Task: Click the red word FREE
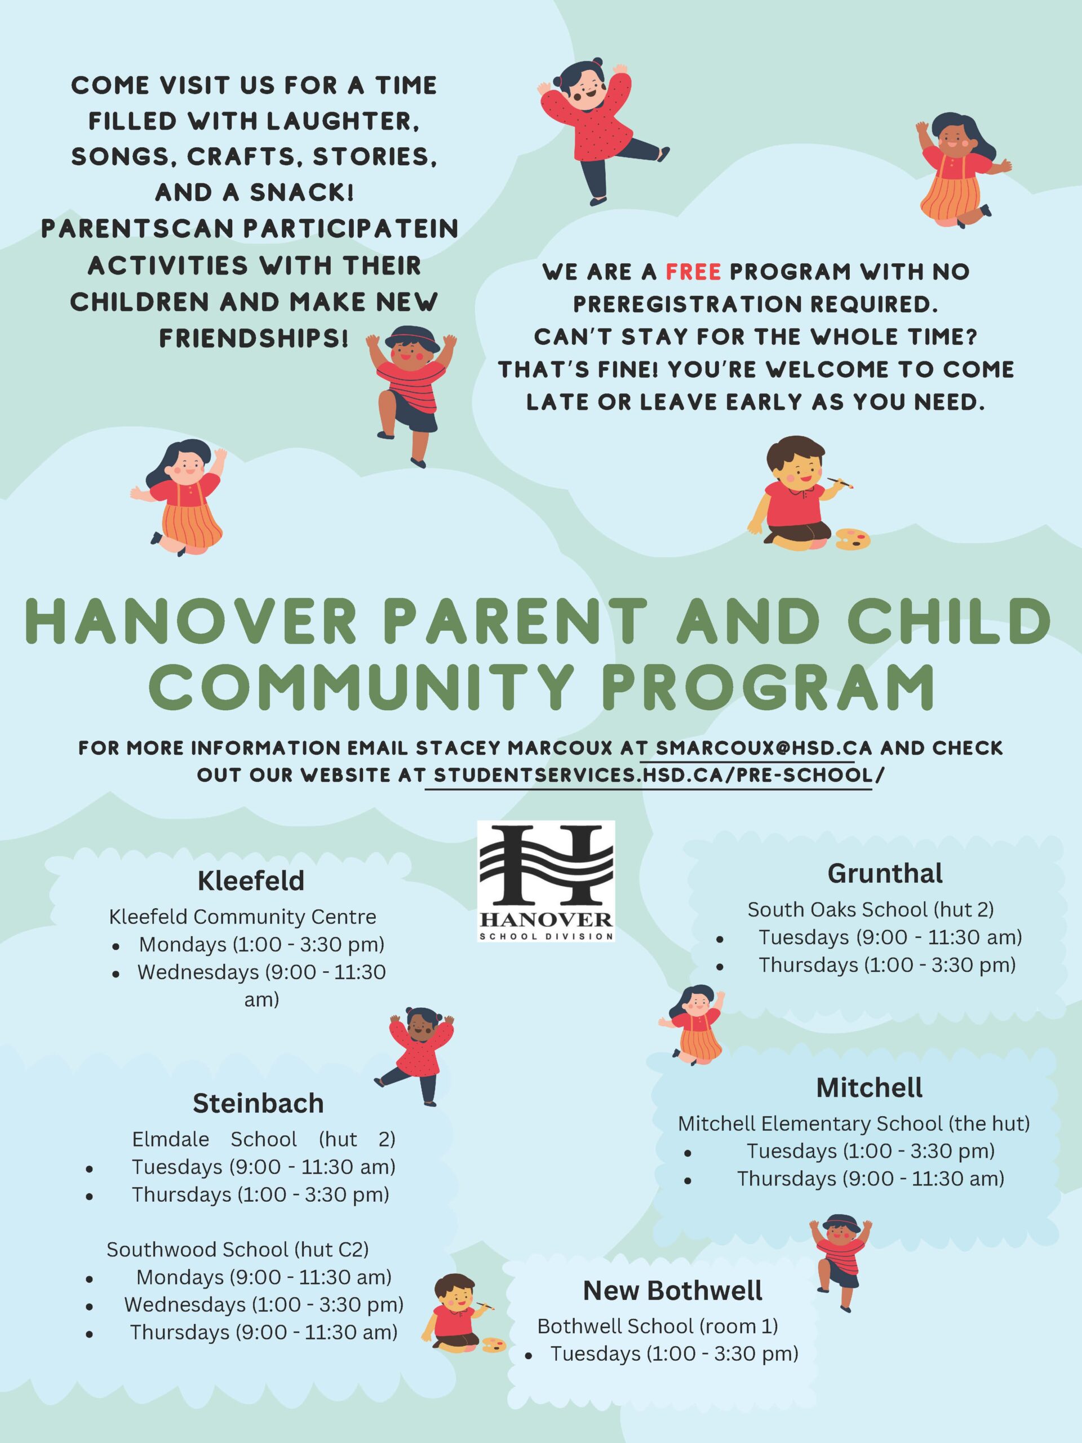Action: (693, 271)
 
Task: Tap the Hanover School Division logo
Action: (546, 880)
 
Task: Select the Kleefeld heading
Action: (251, 880)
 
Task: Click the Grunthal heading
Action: (884, 873)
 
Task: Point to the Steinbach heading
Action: (258, 1103)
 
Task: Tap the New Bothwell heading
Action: (672, 1290)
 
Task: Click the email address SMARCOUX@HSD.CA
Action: (764, 747)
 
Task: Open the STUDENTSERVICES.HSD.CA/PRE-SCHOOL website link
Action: (653, 775)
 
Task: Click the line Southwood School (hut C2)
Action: (237, 1249)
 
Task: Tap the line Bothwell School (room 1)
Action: (658, 1326)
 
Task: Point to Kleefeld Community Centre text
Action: (243, 917)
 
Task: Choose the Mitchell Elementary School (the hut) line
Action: (854, 1123)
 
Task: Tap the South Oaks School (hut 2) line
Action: (870, 909)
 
